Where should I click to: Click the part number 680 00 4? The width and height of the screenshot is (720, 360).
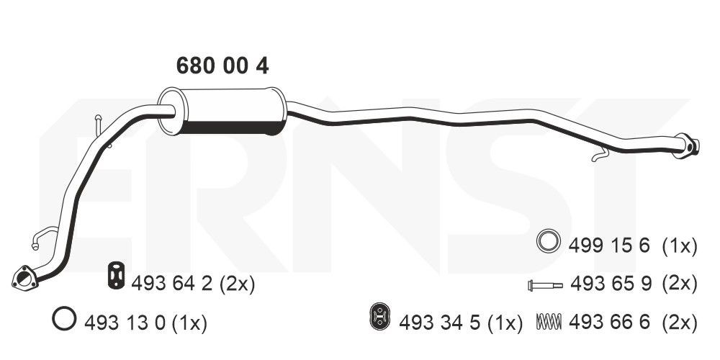click(222, 66)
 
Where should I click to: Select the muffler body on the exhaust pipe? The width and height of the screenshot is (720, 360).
click(222, 111)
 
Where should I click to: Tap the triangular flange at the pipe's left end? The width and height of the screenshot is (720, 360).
click(24, 277)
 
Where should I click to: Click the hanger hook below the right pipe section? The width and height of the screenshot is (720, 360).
click(600, 156)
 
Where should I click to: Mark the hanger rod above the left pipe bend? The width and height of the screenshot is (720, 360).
click(102, 131)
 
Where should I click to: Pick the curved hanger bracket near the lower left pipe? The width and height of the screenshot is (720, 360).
click(44, 236)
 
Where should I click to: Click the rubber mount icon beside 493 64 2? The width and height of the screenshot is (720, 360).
click(117, 276)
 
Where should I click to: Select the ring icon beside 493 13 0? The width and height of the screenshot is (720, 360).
click(64, 318)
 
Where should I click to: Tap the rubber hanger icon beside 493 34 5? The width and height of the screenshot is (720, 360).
click(379, 316)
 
